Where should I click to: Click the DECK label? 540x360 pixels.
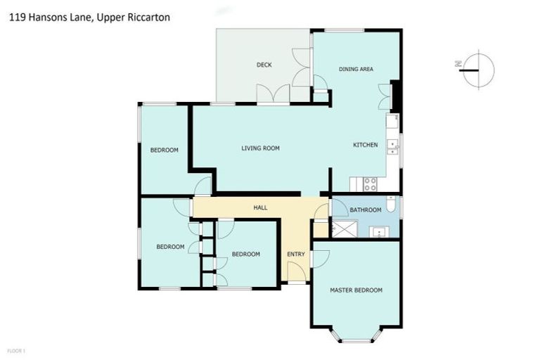coord(264,65)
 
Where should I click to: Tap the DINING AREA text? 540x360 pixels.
coord(356,69)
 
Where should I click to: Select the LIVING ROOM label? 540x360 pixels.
coord(260,148)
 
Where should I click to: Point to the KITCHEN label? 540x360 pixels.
coord(365,145)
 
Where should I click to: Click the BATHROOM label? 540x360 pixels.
coord(366,210)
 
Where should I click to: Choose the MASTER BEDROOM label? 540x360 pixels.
coord(356,290)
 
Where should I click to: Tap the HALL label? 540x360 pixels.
coord(260,208)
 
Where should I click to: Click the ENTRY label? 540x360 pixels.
coord(295,254)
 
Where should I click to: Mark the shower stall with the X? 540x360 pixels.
coord(345,229)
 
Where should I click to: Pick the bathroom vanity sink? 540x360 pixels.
coord(378,231)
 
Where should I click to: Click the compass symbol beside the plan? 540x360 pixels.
coord(478,69)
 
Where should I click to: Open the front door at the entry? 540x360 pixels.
coord(297,273)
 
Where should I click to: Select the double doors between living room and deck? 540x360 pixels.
coord(273,94)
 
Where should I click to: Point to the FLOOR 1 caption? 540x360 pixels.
coord(15,349)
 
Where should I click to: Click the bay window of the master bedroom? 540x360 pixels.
coord(356,336)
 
